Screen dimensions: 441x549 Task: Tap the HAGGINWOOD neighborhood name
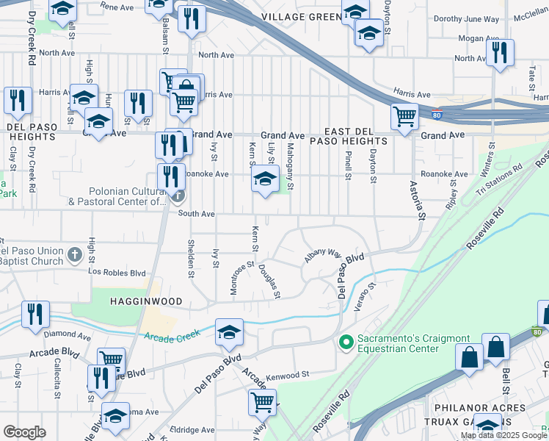(x=140, y=301)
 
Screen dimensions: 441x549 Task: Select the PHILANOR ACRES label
(x=490, y=408)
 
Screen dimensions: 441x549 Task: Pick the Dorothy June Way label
(x=466, y=19)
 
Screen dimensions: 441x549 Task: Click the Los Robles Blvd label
(x=117, y=272)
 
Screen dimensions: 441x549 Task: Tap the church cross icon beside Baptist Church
(x=73, y=254)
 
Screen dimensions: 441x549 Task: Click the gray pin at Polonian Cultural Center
(x=177, y=196)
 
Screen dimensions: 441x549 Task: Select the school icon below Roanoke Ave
(x=265, y=179)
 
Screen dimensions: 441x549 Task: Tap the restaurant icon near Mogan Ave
(x=500, y=52)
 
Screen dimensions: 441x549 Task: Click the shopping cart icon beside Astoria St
(x=404, y=116)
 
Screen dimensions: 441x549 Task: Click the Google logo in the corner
(x=24, y=432)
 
